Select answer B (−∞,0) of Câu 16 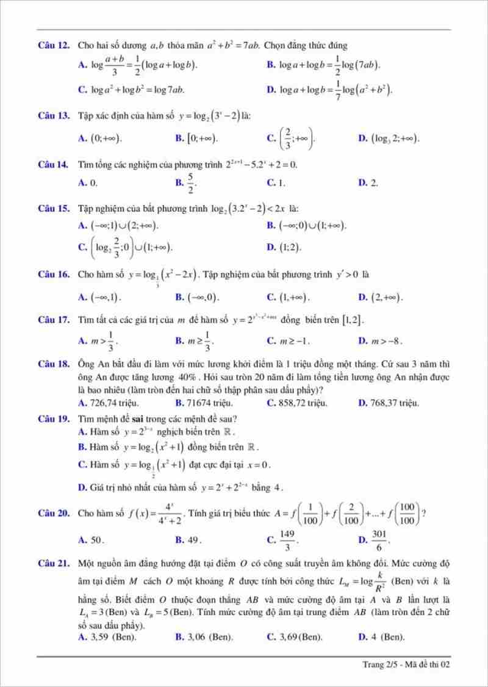pos(202,298)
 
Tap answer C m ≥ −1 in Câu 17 pos(293,340)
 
